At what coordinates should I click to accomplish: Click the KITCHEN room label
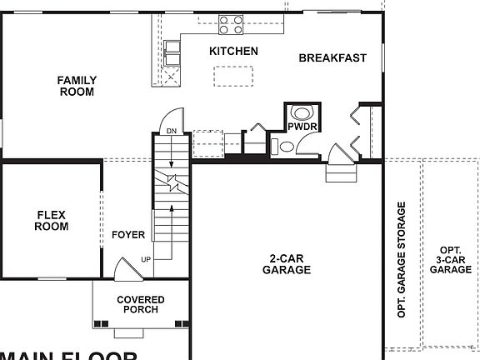click(x=233, y=52)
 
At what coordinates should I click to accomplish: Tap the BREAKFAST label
click(x=332, y=57)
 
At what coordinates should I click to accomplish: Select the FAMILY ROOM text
click(x=77, y=86)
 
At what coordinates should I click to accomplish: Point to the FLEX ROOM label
click(x=52, y=220)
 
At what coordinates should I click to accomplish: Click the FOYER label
click(x=128, y=235)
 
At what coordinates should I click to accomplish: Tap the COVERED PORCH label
click(x=140, y=304)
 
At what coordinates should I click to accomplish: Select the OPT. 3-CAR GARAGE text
click(x=451, y=259)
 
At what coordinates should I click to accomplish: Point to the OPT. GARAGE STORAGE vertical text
click(x=402, y=260)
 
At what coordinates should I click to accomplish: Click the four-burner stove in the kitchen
click(x=231, y=26)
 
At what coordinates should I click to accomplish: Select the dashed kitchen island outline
click(x=232, y=77)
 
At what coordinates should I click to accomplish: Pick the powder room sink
click(x=286, y=147)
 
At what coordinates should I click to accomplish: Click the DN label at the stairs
click(x=171, y=132)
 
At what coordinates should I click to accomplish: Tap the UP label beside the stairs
click(x=146, y=259)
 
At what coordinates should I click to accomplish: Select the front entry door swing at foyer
click(x=123, y=268)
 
